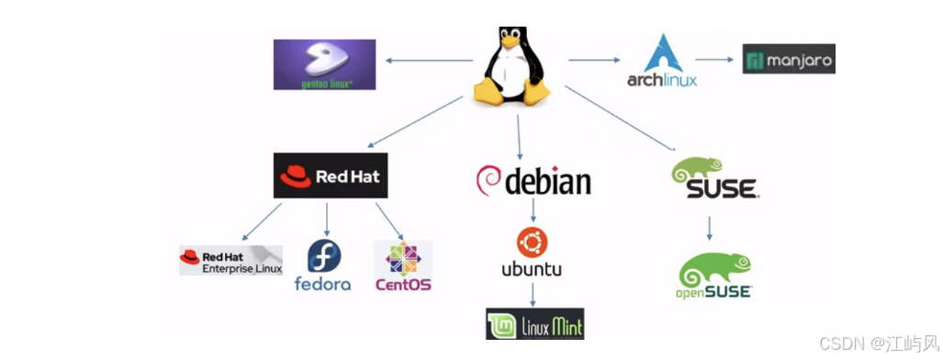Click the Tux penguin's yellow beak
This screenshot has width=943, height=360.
[x=510, y=41]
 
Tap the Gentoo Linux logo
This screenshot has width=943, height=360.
[x=325, y=64]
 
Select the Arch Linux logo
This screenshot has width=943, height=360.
[x=663, y=61]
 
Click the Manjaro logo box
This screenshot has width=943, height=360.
[x=789, y=59]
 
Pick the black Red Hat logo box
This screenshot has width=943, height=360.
[x=331, y=175]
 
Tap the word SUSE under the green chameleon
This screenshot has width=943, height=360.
[x=723, y=189]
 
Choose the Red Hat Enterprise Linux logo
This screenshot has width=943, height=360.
[x=231, y=260]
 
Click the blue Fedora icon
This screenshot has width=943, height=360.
[x=324, y=256]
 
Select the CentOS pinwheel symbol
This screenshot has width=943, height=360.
[x=403, y=260]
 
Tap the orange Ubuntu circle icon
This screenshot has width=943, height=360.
[x=532, y=243]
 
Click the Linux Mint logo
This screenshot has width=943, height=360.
[x=534, y=324]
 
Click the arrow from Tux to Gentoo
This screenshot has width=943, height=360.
[x=430, y=61]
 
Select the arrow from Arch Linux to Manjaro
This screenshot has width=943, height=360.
[x=714, y=60]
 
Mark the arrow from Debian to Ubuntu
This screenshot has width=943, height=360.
[x=533, y=210]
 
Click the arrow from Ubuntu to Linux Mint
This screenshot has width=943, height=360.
[x=533, y=294]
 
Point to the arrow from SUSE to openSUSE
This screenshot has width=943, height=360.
[x=710, y=228]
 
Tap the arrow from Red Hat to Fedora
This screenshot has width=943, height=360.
[x=327, y=219]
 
